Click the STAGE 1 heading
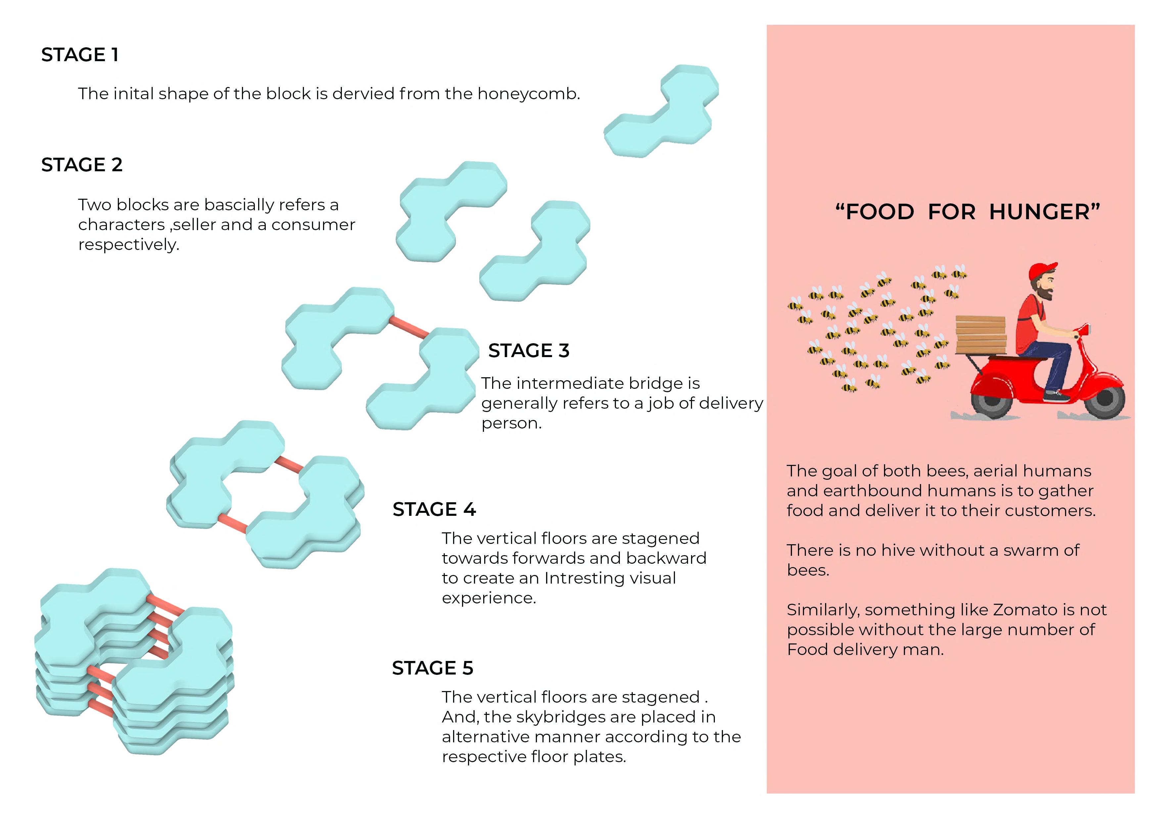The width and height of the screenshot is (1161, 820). pyautogui.click(x=80, y=55)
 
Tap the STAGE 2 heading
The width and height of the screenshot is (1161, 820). pyautogui.click(x=82, y=165)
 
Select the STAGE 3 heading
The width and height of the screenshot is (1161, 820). pyautogui.click(x=529, y=350)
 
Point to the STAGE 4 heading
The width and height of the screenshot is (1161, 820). pyautogui.click(x=434, y=509)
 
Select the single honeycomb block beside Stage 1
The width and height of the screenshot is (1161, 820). pyautogui.click(x=661, y=111)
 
